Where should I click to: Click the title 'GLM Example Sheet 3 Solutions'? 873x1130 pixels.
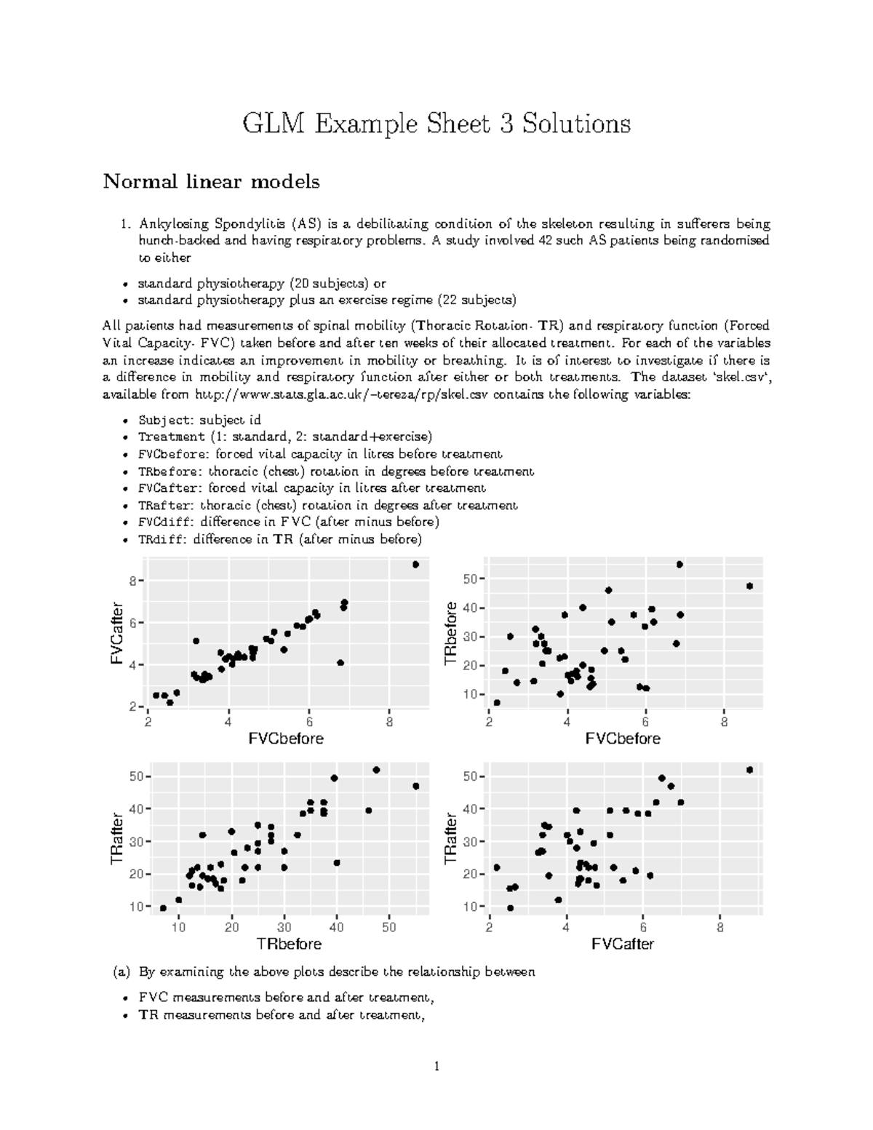pyautogui.click(x=436, y=124)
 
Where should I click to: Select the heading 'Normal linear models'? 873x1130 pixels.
pyautogui.click(x=211, y=181)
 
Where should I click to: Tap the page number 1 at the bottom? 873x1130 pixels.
pyautogui.click(x=436, y=1067)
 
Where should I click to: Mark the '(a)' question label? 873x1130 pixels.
pyautogui.click(x=121, y=971)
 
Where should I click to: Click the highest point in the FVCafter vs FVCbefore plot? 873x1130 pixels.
pyautogui.click(x=415, y=565)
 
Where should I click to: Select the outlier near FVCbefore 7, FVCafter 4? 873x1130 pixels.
pyautogui.click(x=340, y=663)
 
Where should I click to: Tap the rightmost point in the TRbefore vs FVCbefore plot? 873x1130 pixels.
pyautogui.click(x=749, y=586)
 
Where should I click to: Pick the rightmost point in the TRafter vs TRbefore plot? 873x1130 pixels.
pyautogui.click(x=416, y=786)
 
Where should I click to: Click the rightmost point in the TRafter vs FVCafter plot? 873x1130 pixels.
pyautogui.click(x=750, y=770)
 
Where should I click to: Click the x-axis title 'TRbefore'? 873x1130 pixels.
pyautogui.click(x=288, y=944)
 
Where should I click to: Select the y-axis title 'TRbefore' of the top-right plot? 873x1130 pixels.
pyautogui.click(x=451, y=634)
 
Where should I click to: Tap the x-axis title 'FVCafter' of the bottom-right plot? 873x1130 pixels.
pyautogui.click(x=623, y=944)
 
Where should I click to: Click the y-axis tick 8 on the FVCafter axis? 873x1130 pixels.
pyautogui.click(x=133, y=581)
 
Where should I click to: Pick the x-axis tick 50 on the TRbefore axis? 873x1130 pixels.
pyautogui.click(x=389, y=927)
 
